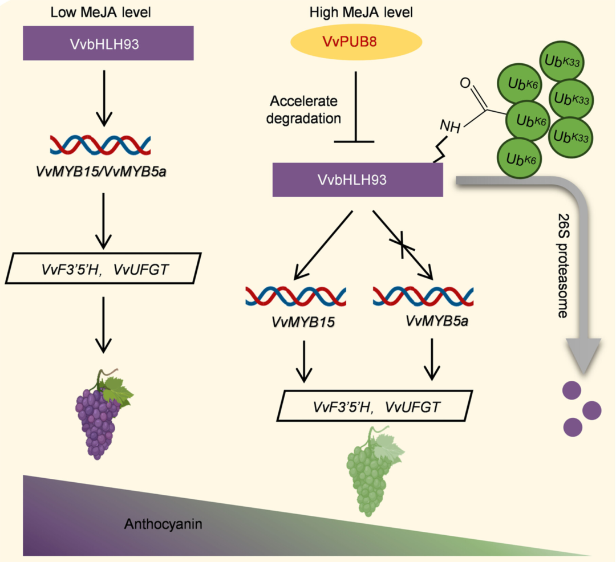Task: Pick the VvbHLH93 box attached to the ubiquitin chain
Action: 357,180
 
